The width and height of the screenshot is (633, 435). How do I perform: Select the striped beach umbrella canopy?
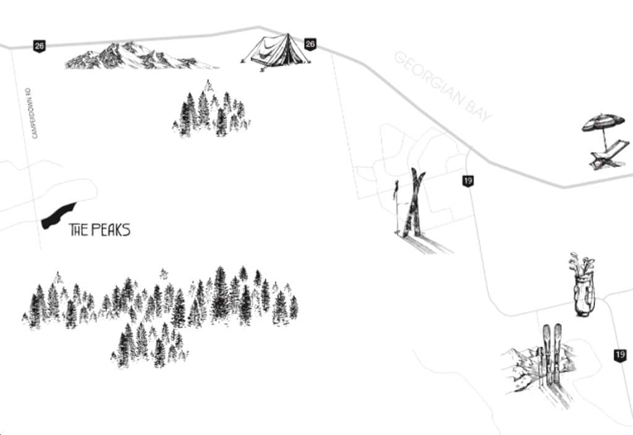pos(603,122)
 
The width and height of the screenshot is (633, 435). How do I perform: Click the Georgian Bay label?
pos(443,86)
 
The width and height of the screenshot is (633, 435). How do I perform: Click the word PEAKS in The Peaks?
pos(111,230)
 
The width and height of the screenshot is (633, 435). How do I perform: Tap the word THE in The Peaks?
pos(79,230)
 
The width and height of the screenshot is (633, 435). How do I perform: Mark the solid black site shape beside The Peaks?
pos(59,216)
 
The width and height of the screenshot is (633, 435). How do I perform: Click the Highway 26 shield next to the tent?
pos(310,44)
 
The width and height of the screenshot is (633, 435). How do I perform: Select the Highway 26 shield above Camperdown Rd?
pos(39,46)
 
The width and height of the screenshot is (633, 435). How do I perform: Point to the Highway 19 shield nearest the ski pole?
pos(468,181)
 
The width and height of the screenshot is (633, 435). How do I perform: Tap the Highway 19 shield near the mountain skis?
pos(620,355)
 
